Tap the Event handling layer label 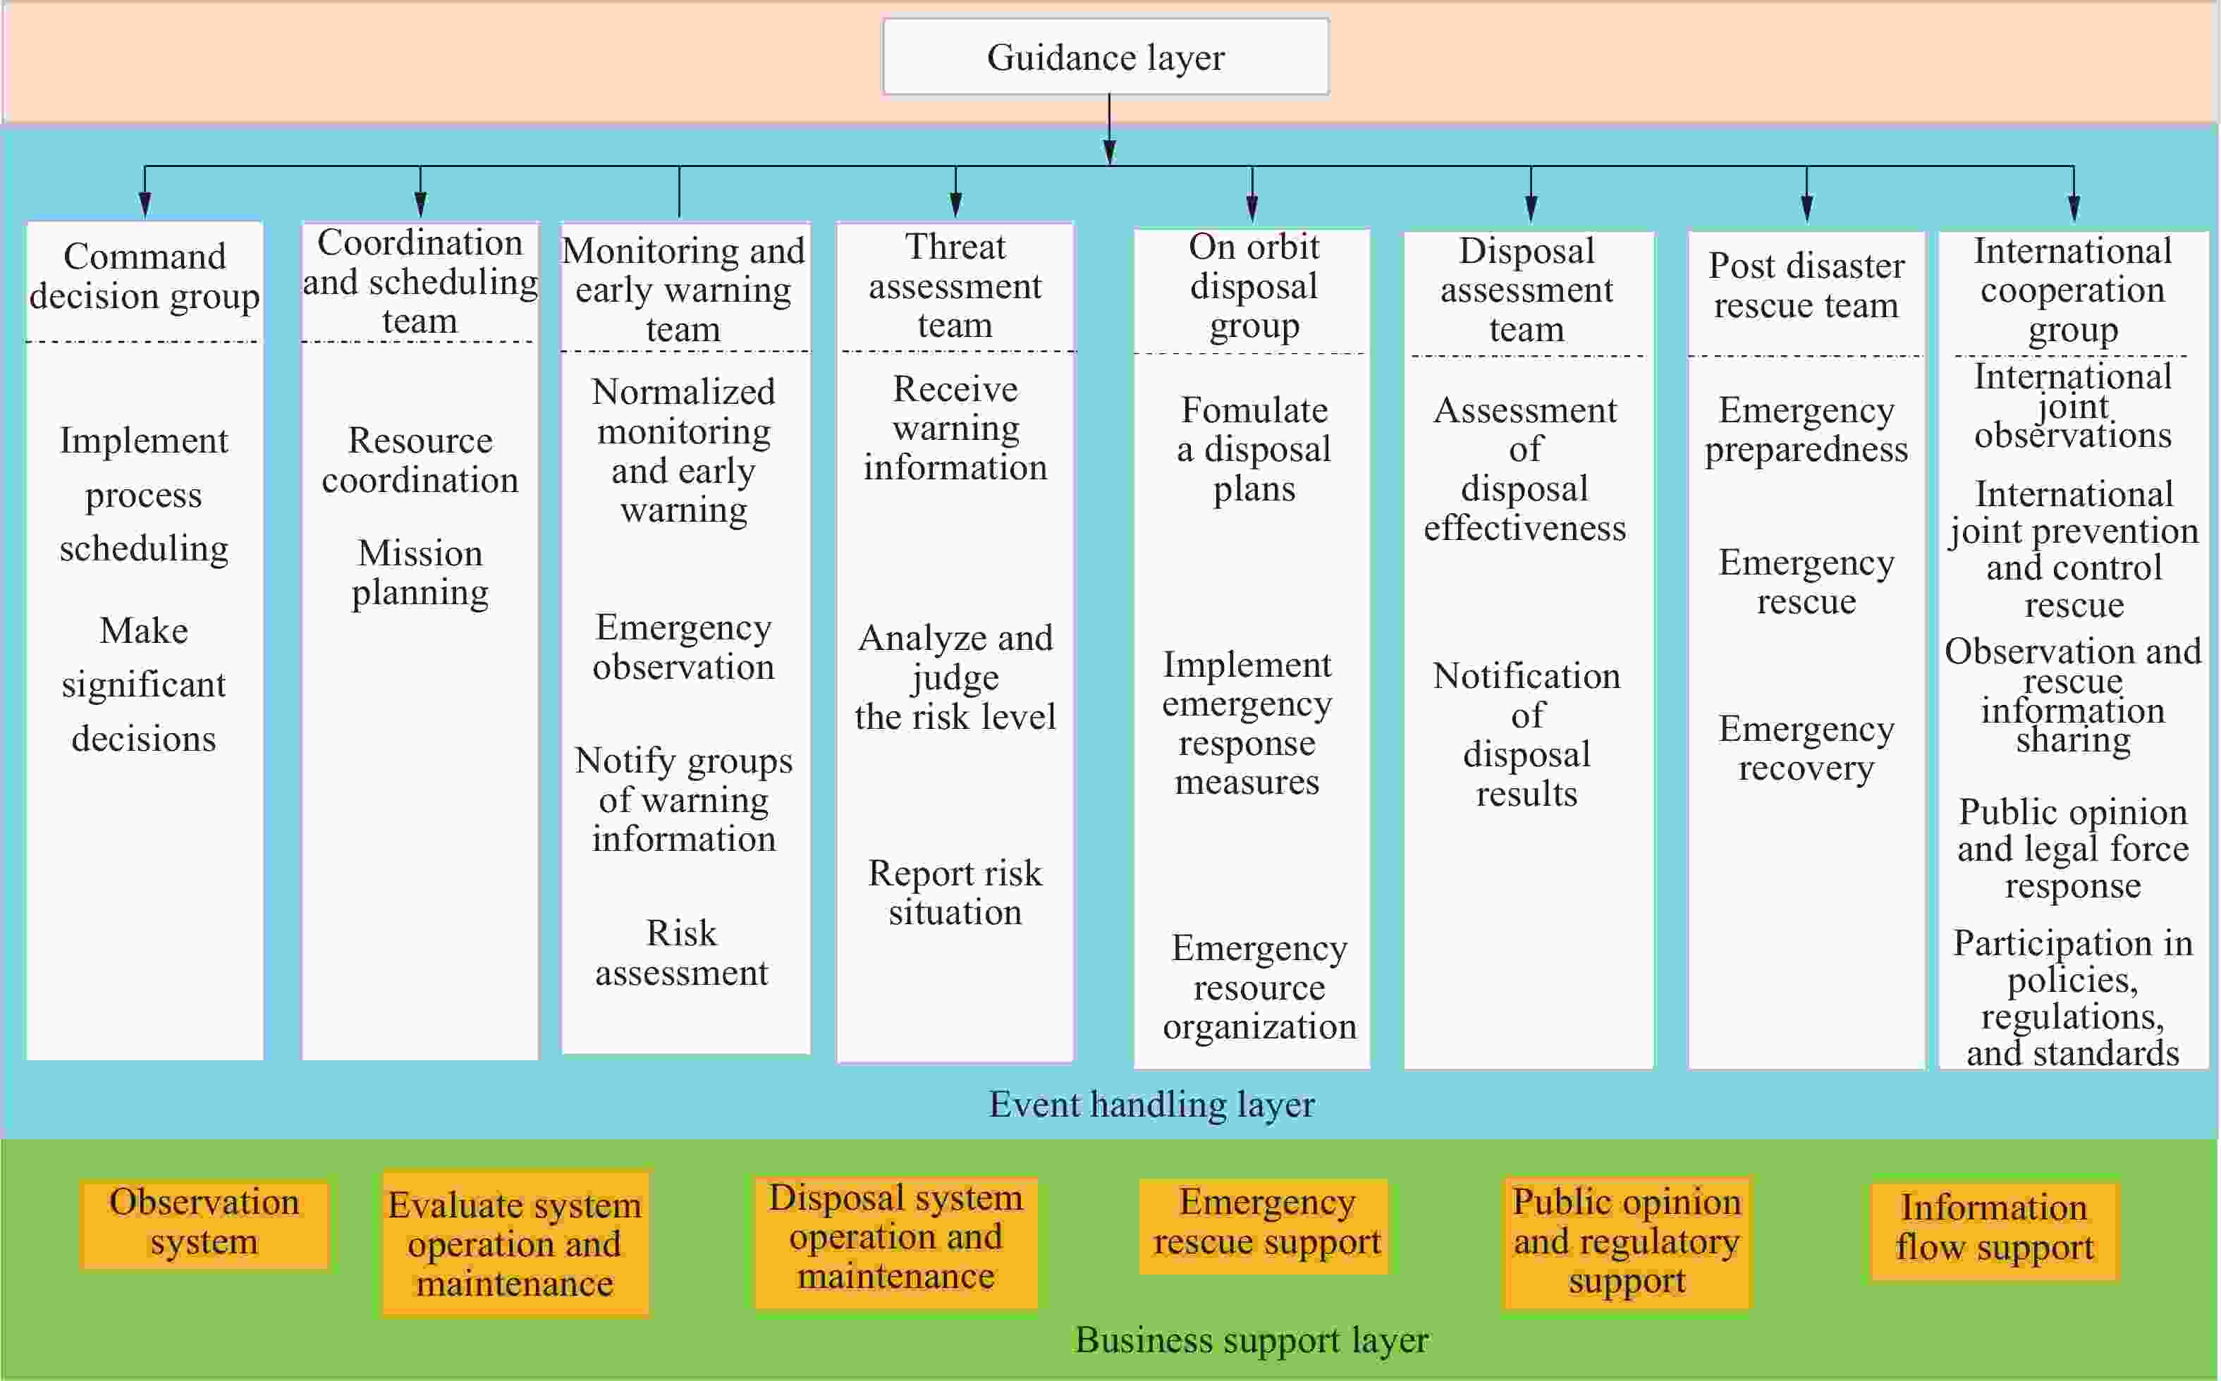click(1151, 1104)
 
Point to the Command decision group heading click(145, 276)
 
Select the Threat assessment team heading click(955, 286)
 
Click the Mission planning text click(420, 572)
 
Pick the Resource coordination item click(420, 460)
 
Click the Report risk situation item click(955, 892)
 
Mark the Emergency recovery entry click(1806, 748)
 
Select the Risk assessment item click(683, 952)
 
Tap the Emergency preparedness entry click(1806, 429)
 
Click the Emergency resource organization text click(1259, 988)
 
